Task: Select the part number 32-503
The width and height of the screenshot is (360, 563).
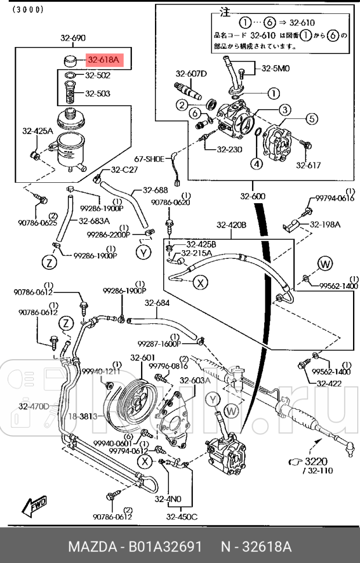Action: (98, 93)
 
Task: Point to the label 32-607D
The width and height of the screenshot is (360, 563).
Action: (191, 74)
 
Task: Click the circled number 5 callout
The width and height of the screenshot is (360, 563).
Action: (311, 119)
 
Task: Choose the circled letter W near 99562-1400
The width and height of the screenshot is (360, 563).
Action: (324, 264)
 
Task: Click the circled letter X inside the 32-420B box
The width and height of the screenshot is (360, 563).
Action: (200, 283)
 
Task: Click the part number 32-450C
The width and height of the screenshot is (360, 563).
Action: (182, 517)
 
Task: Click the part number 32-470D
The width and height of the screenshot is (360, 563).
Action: (34, 406)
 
